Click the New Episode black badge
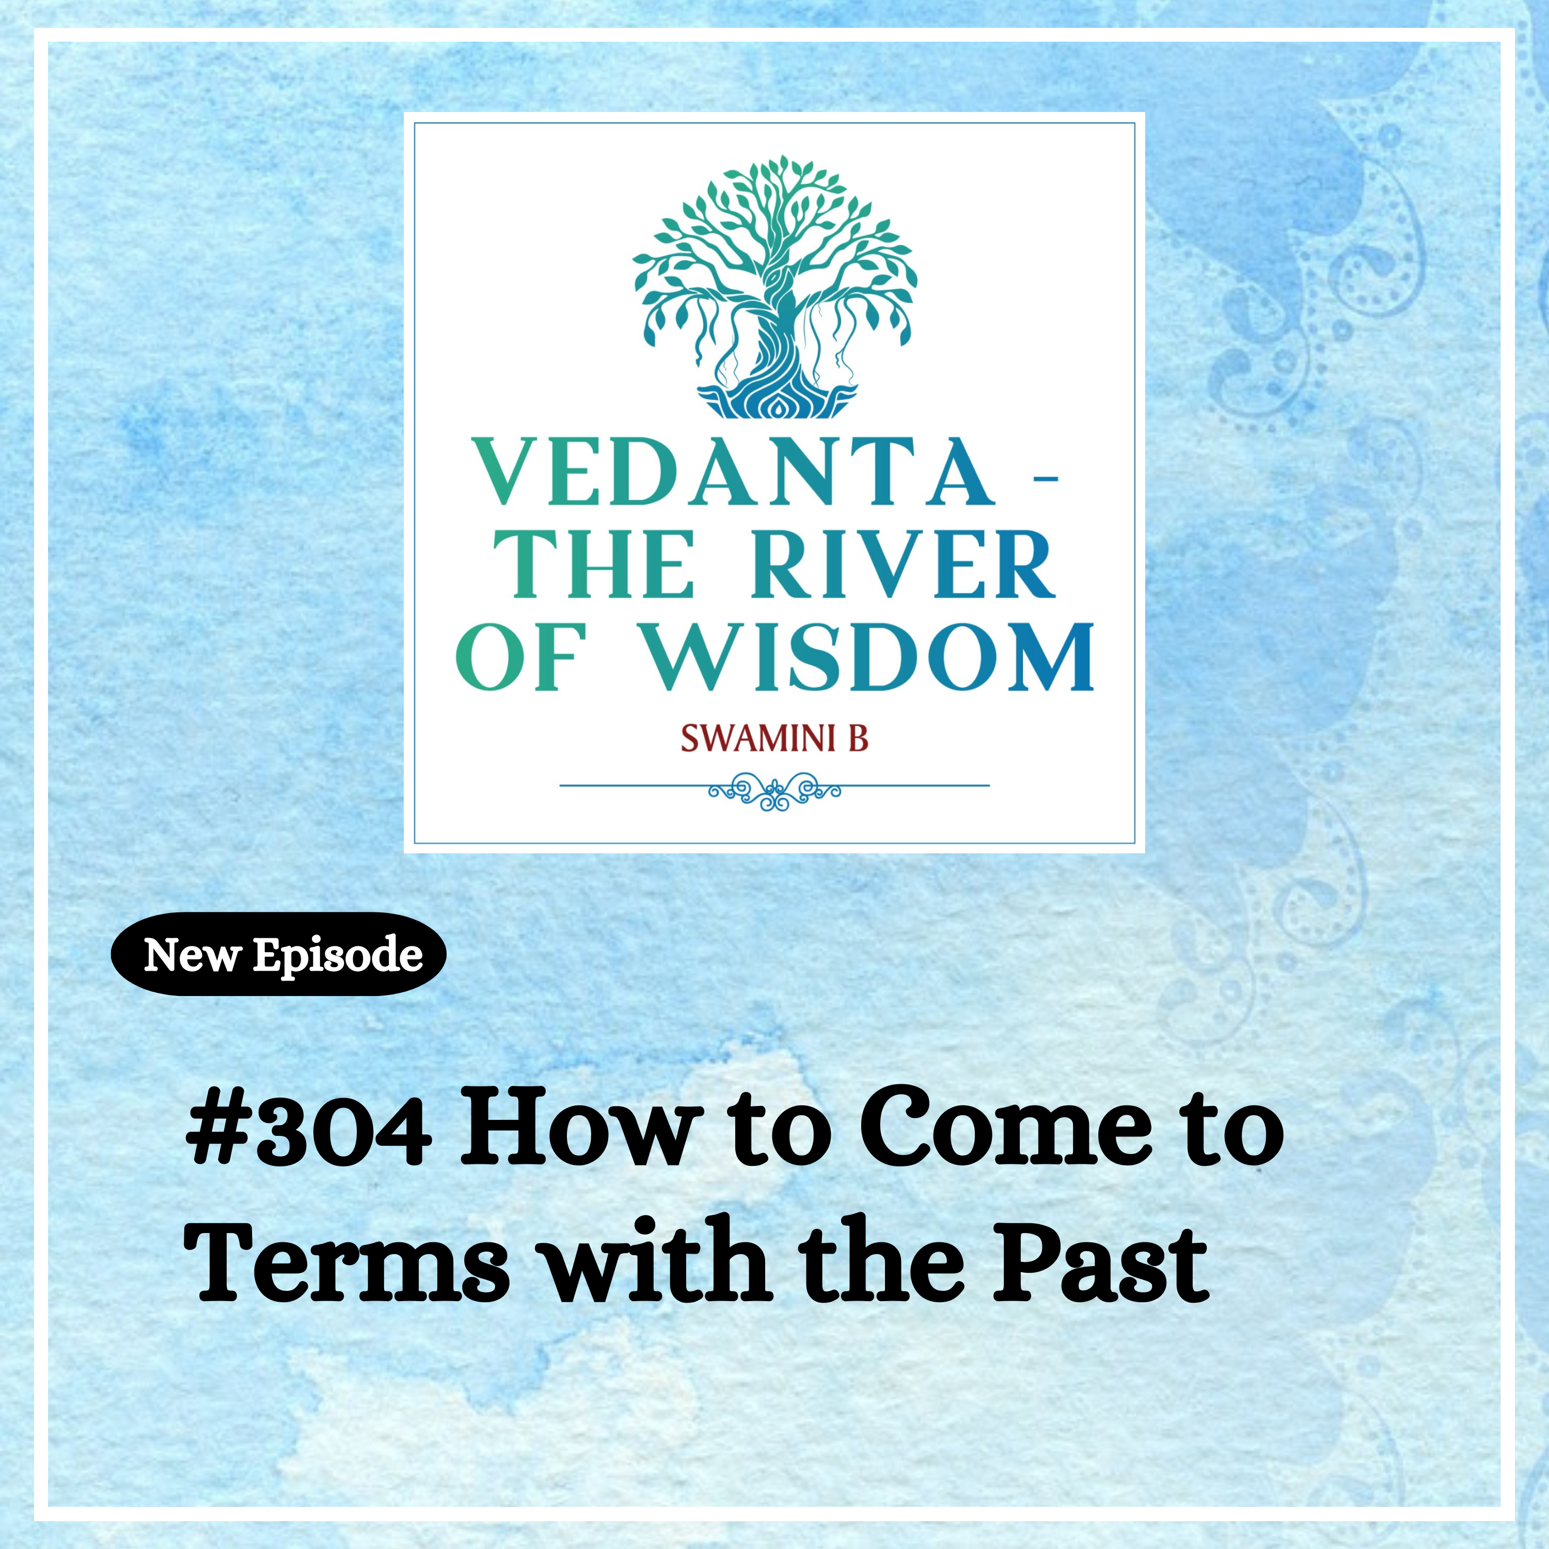(278, 955)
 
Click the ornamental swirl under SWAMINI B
(774, 792)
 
